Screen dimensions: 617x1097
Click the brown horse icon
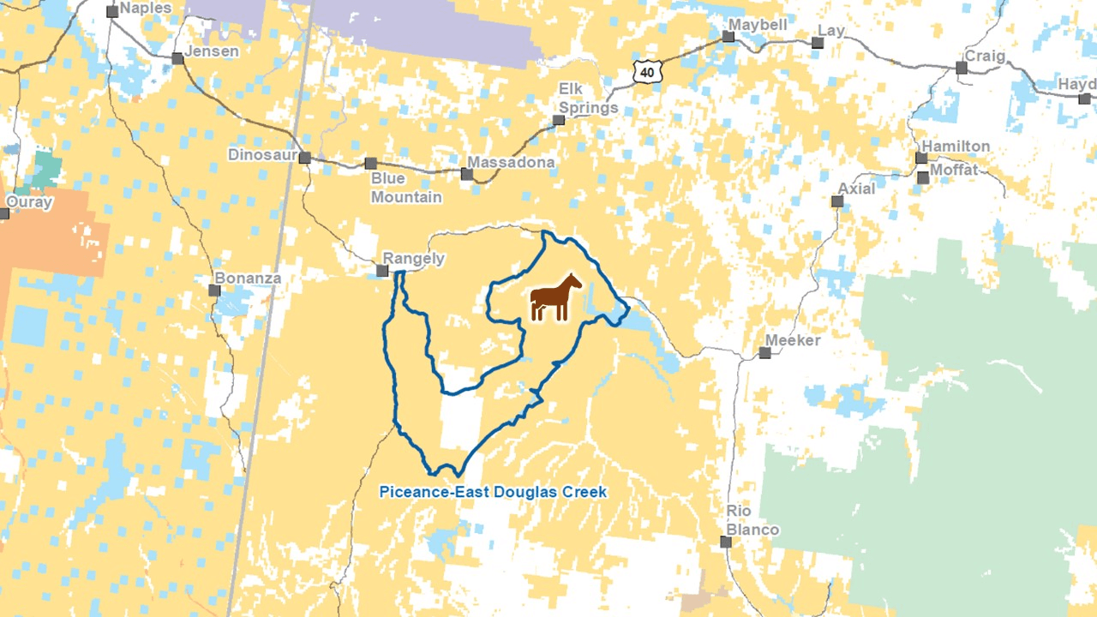pos(555,297)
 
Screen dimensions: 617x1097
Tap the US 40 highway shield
pos(647,72)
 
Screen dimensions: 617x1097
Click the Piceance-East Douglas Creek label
pos(493,492)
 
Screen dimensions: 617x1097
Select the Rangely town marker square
pos(382,271)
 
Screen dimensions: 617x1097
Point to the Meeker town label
pos(793,340)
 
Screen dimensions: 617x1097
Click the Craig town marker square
pos(962,68)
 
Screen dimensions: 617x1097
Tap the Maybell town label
pos(758,25)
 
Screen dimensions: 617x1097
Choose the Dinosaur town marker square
pos(304,158)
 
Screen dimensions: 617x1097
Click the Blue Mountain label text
pos(406,188)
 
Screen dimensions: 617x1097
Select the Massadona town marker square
pos(467,174)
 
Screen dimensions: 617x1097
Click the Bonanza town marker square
pos(214,291)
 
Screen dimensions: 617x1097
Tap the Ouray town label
pos(29,203)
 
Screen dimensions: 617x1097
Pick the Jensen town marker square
pos(177,58)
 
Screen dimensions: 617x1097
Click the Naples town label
pos(146,9)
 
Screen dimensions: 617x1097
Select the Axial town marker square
pos(837,201)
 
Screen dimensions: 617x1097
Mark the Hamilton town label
pos(956,147)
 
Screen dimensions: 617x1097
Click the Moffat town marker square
pos(923,177)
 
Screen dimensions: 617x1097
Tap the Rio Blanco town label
pos(752,520)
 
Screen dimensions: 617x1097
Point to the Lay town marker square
pos(818,42)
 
